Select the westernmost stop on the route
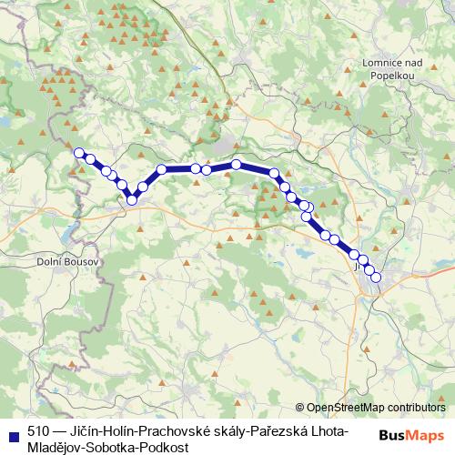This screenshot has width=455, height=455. coord(79,153)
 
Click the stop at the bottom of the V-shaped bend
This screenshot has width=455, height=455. coord(132,199)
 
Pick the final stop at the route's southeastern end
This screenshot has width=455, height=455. coord(375,278)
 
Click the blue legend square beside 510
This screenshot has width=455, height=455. coord(15,433)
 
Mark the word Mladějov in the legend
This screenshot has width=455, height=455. coord(56,448)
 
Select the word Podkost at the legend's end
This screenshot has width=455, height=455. coord(168,448)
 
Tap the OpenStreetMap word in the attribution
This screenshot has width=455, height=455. coord(345,409)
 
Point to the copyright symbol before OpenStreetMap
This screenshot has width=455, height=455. coord(300,409)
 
